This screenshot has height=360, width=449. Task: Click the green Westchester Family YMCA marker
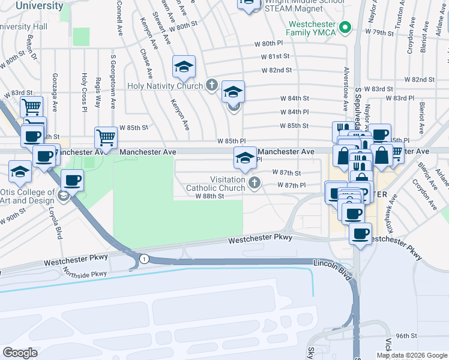pyautogui.click(x=345, y=28)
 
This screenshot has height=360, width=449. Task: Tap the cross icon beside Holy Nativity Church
pyautogui.click(x=211, y=85)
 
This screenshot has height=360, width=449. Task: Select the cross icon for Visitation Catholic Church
pyautogui.click(x=254, y=182)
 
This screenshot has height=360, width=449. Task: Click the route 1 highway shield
pyautogui.click(x=143, y=258)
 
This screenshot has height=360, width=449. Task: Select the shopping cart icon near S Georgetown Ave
pyautogui.click(x=106, y=137)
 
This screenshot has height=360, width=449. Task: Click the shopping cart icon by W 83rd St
pyautogui.click(x=31, y=107)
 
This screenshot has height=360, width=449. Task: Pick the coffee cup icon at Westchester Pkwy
pyautogui.click(x=360, y=233)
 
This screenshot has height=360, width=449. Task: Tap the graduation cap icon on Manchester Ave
pyautogui.click(x=244, y=158)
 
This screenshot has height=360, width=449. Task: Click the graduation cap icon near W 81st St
pyautogui.click(x=184, y=67)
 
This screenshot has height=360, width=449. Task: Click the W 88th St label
pyautogui.click(x=209, y=196)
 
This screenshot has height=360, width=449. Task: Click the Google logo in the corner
pyautogui.click(x=20, y=352)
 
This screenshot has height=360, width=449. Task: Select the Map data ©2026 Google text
pyautogui.click(x=412, y=355)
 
